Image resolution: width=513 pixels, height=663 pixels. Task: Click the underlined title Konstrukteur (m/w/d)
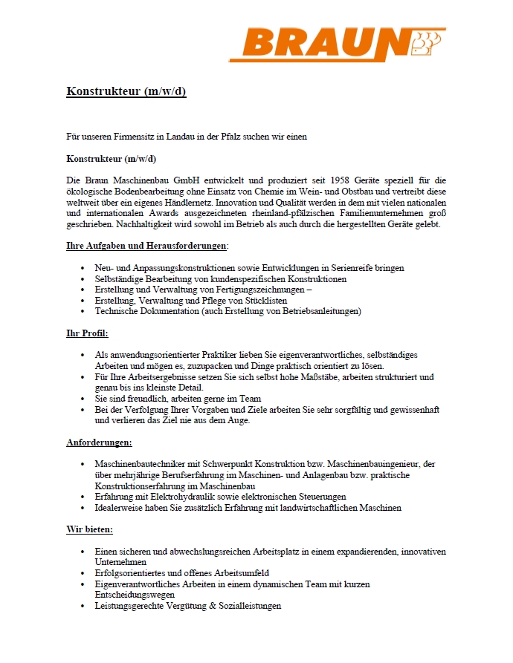pos(126,92)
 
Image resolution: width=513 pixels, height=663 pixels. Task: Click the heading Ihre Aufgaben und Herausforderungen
pos(146,246)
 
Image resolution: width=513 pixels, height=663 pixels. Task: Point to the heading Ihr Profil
pos(87,333)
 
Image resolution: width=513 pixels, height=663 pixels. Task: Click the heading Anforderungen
pos(99,442)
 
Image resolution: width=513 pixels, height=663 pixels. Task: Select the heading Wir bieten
pos(90,530)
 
